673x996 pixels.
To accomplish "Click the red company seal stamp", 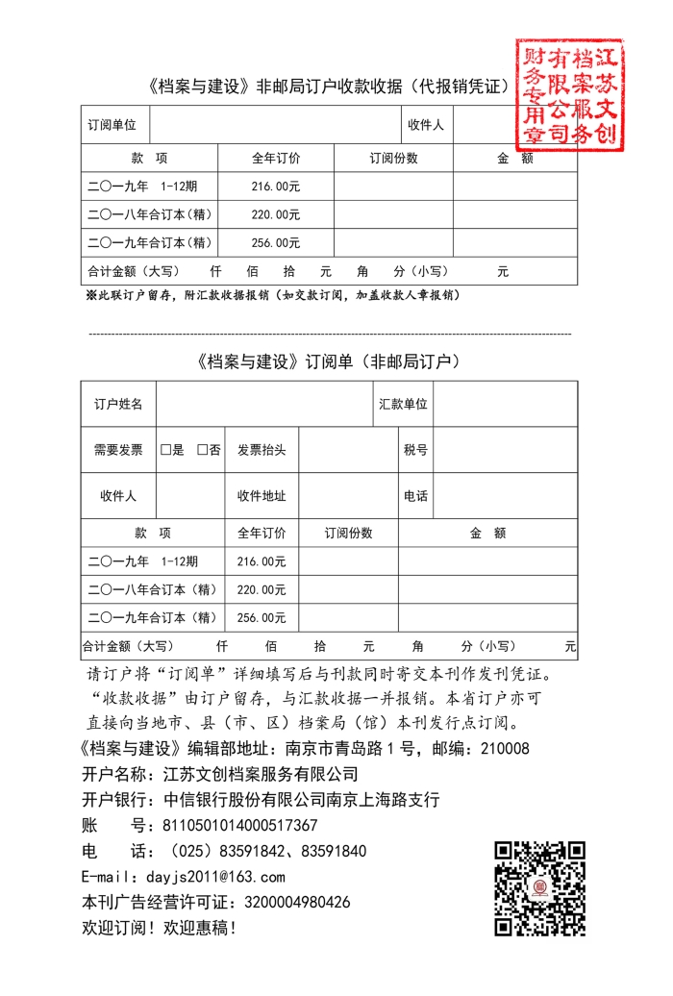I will tap(568, 93).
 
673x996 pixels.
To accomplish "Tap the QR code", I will tap(539, 889).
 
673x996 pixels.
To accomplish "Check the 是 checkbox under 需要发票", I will tap(165, 450).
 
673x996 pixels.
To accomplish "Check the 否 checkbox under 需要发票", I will tap(202, 450).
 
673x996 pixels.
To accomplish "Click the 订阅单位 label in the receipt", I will tap(112, 125).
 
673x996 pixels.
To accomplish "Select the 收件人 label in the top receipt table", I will tap(425, 125).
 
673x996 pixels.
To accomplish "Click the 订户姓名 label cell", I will tap(118, 405).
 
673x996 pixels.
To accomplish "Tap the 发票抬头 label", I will tap(262, 450).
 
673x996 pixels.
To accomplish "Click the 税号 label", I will tap(415, 450).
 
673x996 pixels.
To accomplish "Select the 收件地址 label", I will tap(262, 496).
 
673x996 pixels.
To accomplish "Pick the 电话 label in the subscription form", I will tap(415, 496).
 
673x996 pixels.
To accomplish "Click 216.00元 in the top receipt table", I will tap(276, 187).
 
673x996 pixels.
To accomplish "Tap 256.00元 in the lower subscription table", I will tap(262, 617).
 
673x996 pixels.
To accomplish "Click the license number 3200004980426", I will tap(298, 903).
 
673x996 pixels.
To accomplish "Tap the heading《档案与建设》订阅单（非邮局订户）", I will tap(329, 362).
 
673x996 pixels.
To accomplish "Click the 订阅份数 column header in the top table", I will tap(393, 158).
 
